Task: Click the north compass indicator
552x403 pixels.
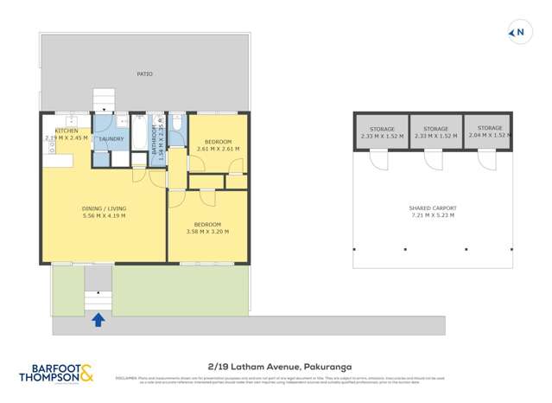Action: coord(517,34)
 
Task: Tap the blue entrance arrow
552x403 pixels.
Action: coord(98,320)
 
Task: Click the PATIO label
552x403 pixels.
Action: coord(144,74)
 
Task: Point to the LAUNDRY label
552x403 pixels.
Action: coord(111,138)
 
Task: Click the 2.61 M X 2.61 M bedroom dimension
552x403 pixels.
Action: coord(218,149)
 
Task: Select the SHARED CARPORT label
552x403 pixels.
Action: coord(432,208)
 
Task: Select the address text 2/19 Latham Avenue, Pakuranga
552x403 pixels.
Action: coord(276,366)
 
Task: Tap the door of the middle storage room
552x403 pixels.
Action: coord(431,159)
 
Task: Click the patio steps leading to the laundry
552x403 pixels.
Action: coord(104,99)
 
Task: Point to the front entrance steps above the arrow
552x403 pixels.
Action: coord(98,299)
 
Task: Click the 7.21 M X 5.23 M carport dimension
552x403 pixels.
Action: coord(432,215)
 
